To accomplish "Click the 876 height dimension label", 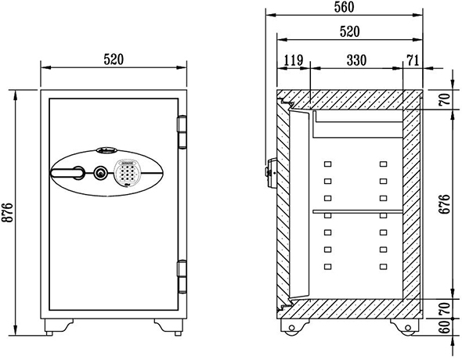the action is [8, 212].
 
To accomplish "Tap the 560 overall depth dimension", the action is [344, 7].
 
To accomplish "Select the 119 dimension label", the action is [294, 60].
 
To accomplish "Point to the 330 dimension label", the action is [356, 60].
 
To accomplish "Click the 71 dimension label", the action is [413, 60].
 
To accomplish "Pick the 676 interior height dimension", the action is [444, 204].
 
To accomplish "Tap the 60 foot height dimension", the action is [444, 326].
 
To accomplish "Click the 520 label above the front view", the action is [114, 59].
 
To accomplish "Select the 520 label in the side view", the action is [350, 31].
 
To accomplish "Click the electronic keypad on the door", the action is [126, 173].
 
